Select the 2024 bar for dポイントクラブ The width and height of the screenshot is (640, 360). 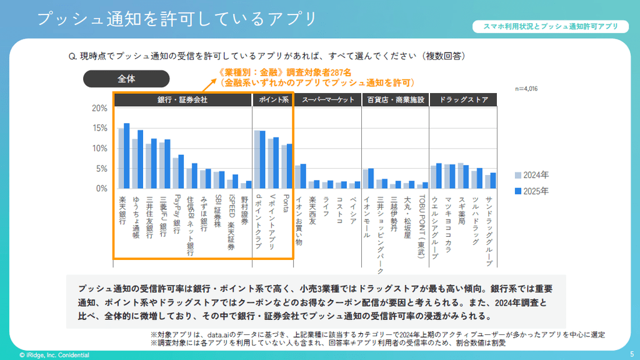point(256,159)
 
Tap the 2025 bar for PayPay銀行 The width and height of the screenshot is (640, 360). point(181,172)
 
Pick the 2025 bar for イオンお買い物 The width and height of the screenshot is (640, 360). point(303,176)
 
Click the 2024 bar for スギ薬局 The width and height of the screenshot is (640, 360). point(461,176)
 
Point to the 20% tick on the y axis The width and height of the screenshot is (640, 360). point(100,108)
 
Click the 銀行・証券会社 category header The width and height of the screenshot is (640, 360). point(182,99)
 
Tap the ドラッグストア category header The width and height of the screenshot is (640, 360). point(463,99)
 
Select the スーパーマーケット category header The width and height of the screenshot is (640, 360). point(327,99)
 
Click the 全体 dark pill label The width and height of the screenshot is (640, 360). point(126,79)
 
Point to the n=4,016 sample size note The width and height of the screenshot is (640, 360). point(526,89)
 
